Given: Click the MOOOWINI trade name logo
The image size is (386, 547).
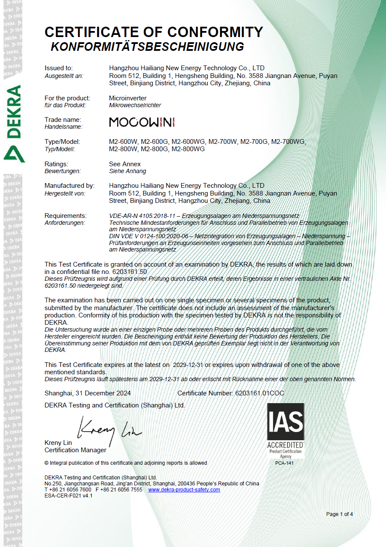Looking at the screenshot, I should coord(142,122).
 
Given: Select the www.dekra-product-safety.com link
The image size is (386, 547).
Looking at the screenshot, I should coord(184,490).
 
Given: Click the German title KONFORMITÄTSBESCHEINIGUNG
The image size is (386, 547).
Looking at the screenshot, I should coord(147,47).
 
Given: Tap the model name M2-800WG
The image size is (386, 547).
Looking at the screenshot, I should coord(188,149).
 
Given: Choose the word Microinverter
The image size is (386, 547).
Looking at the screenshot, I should coord(128,98).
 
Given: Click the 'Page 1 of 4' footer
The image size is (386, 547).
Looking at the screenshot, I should coord(339,514).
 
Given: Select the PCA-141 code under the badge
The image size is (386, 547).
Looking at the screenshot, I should coord(284,463).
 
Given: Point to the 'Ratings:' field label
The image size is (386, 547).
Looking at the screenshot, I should coord(56,164).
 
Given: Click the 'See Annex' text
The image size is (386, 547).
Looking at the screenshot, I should coord(125,164).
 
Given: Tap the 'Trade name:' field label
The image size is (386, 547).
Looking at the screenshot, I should coord(63,119).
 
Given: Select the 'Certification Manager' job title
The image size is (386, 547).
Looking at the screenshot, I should coord(75,450).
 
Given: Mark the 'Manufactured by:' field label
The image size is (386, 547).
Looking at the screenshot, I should coord(69,186).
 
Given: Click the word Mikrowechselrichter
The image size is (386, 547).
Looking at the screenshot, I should coord(135,105).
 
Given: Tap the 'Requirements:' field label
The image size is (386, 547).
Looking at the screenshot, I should coord(65,215).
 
